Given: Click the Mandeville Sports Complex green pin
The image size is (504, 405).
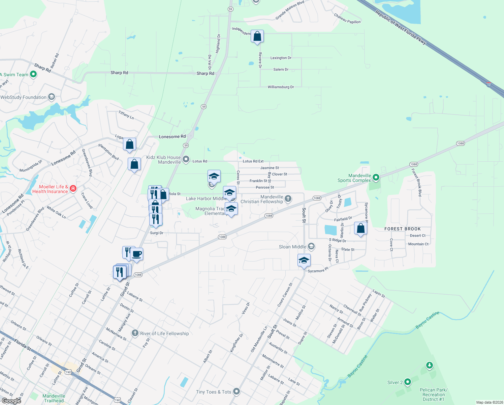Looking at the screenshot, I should coord(376,177).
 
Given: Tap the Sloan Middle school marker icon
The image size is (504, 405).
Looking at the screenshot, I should coord(311,247).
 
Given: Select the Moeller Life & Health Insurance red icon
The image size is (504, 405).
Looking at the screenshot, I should coord(73,189).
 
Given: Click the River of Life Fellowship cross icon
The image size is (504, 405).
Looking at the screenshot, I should coord(135,333).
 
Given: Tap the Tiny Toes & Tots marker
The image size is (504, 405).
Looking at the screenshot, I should coord(237,391).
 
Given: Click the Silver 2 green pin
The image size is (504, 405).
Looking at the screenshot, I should coord(408,382).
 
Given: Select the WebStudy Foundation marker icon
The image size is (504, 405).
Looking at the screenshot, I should coord(52,97).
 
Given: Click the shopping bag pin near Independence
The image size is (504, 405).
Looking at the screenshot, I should coord(257,36).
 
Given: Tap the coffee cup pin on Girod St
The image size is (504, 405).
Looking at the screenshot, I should coord(136,254).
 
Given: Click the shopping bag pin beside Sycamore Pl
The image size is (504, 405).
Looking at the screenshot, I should coord(360,228).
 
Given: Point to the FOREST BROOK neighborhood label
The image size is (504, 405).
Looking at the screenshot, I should coord(403,229).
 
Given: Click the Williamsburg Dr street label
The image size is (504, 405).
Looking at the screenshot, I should coord(281,87).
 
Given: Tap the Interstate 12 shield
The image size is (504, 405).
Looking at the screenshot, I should coord(489,84).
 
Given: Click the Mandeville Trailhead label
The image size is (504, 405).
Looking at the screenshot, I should coord(54,398).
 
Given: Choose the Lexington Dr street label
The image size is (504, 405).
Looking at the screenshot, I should coord(281,58).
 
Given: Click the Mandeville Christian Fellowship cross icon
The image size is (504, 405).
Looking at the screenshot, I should coord(288,198).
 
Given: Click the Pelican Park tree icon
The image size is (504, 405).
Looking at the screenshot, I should coord(429,365).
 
